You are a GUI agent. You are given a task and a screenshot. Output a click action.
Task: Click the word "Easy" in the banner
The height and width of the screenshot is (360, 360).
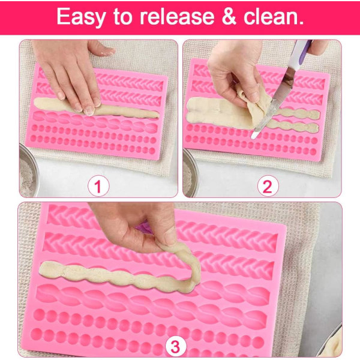click(81, 17)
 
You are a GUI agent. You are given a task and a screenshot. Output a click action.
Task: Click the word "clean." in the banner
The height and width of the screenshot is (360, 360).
click(274, 16)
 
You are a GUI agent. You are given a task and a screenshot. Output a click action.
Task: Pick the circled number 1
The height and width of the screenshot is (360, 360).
click(98, 186)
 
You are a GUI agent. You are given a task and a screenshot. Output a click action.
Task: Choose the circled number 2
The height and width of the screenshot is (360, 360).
click(268, 186)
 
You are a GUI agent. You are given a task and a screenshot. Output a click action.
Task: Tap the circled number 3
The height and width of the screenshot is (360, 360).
click(175, 346)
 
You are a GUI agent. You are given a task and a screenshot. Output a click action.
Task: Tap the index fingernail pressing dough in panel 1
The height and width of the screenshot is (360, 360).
click(89, 112)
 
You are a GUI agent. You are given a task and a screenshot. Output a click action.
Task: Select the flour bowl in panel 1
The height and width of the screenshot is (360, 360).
click(28, 170)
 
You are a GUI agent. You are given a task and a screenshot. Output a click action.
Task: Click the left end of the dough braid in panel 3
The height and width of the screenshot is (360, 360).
click(41, 269)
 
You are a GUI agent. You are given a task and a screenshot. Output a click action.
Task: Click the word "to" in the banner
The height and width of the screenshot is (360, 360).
click(123, 17)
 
